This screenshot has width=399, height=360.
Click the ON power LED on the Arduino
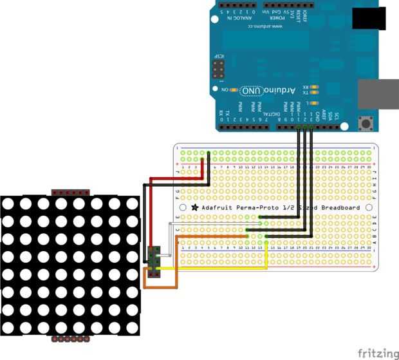coord(236,90)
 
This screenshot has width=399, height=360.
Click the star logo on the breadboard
coord(194,208)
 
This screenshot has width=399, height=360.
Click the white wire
coord(169,238)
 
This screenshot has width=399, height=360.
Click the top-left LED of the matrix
coord(8,204)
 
